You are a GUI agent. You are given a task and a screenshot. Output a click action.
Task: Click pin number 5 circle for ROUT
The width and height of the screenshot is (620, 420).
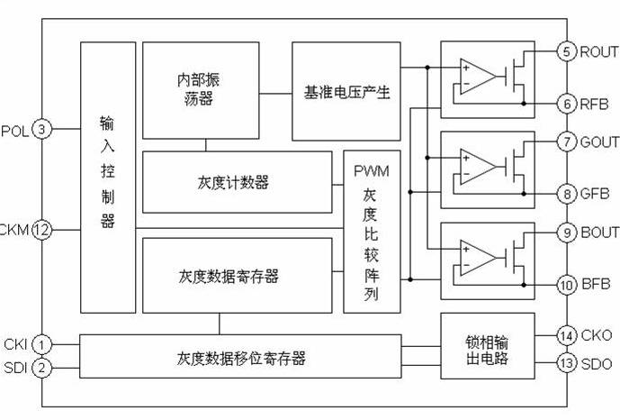(567, 51)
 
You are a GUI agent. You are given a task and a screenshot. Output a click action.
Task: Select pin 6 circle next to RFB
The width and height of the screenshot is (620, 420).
(567, 104)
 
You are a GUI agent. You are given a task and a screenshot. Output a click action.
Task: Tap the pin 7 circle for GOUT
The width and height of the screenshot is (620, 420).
(567, 142)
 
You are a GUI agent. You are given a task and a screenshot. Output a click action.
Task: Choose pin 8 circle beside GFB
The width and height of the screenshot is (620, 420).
(567, 193)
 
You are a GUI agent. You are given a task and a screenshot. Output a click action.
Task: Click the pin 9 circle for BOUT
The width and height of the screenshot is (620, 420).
(567, 232)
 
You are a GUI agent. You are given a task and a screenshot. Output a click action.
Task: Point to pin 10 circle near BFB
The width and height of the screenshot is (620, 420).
(567, 284)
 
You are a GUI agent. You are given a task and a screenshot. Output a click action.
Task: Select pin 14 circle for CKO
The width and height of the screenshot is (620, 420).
(567, 335)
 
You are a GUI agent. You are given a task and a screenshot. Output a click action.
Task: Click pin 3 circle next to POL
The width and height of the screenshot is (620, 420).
(41, 130)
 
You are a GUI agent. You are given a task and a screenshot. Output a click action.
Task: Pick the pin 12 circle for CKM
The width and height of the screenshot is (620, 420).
(41, 230)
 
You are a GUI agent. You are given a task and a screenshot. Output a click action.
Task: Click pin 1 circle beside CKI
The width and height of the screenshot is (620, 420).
(41, 343)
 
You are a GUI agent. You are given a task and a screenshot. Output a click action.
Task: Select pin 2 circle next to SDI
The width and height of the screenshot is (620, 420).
(41, 367)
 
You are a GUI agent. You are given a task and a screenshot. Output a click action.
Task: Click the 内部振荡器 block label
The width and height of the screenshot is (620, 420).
(197, 88)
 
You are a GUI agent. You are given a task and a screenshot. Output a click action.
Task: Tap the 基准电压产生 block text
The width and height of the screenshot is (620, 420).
(346, 91)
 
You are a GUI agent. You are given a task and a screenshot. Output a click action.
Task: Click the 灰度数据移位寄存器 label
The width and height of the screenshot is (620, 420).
(240, 358)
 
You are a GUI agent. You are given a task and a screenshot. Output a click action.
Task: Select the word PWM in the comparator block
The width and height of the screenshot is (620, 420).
(371, 170)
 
